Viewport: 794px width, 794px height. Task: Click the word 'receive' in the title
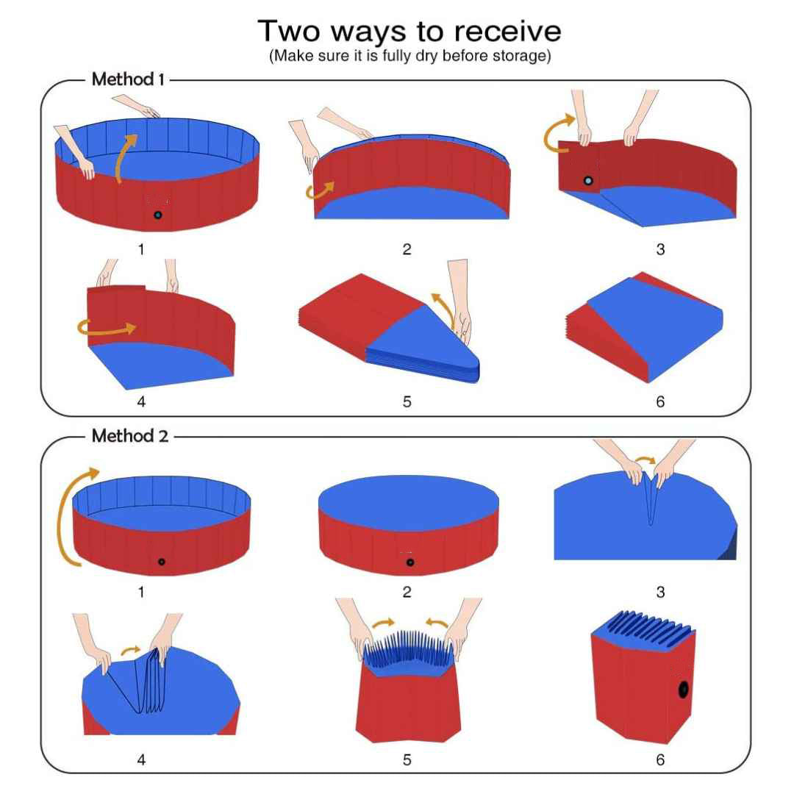(x=507, y=32)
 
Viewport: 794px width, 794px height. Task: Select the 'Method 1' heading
(x=128, y=79)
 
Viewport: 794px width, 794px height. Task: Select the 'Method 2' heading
(x=130, y=436)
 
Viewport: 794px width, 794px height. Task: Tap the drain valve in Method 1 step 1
(x=157, y=215)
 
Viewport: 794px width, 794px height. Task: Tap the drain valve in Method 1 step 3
(x=588, y=180)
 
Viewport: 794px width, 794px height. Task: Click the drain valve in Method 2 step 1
(x=161, y=562)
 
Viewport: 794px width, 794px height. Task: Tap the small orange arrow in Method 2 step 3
(x=646, y=460)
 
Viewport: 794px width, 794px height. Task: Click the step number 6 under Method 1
(x=659, y=401)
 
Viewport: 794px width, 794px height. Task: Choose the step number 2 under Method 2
(x=407, y=592)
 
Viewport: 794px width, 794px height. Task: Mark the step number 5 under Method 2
(x=407, y=759)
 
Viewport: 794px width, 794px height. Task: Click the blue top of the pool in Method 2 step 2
(x=409, y=499)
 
